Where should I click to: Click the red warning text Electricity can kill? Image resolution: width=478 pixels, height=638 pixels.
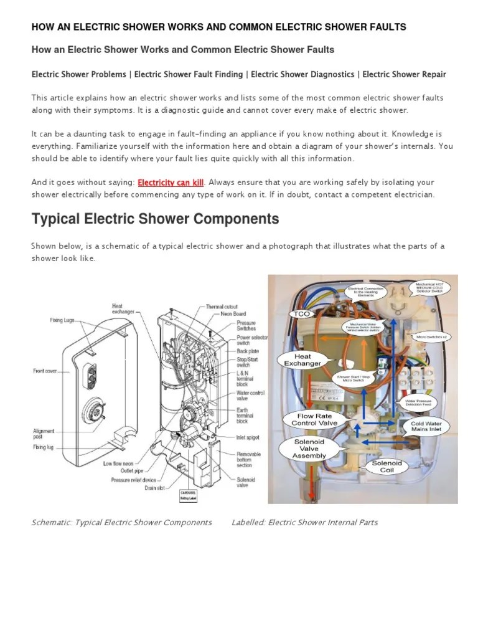point(171,183)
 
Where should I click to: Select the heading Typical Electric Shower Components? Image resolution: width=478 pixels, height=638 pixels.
point(155,219)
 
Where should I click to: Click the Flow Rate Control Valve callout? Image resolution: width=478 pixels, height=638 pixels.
point(314,419)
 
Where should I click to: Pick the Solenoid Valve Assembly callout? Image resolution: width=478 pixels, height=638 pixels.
point(309,448)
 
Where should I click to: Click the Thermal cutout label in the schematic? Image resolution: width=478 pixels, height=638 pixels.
point(222,307)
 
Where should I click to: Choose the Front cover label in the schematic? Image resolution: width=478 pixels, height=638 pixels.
point(45,371)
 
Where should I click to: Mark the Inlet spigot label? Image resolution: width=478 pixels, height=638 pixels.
point(248,438)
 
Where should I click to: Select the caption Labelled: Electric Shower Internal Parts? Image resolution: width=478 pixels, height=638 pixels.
point(304,522)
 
